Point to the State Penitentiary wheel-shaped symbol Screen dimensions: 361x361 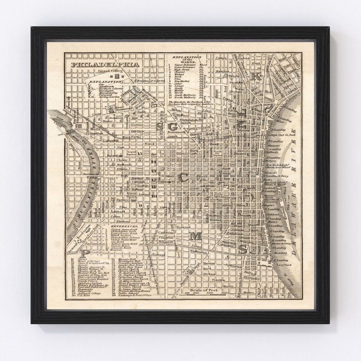coord(110,109)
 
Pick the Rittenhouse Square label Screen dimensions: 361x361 coord(130,195)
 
